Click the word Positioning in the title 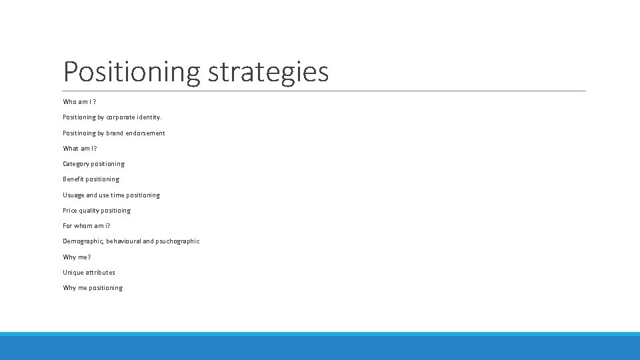[x=131, y=72]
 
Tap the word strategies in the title [x=268, y=72]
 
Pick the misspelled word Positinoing [x=79, y=133]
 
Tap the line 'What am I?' [x=80, y=149]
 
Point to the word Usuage [x=73, y=195]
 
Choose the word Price [x=70, y=211]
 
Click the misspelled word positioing [x=116, y=211]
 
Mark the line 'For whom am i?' [x=87, y=226]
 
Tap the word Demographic [x=83, y=241]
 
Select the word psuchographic [x=177, y=241]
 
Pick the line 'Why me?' [x=77, y=257]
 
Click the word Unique [x=73, y=273]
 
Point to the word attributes [x=101, y=273]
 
